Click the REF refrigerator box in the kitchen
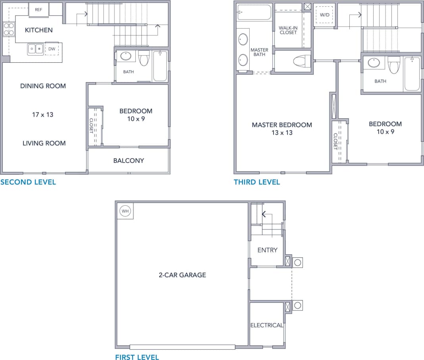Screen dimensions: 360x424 tap(39, 10)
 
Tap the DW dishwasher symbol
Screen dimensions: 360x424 tap(52, 49)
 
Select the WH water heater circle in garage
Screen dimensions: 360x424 tap(125, 211)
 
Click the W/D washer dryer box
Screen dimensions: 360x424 tap(324, 15)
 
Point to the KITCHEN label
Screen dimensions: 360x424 tap(39, 30)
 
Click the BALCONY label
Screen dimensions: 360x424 tap(128, 161)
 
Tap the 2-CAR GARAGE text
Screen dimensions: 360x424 tap(182, 275)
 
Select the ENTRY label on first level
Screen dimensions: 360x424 tap(267, 250)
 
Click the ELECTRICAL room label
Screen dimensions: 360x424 tap(266, 325)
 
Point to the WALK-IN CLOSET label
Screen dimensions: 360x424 tap(288, 30)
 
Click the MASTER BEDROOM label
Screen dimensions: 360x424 tap(282, 125)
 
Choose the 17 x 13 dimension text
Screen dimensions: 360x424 tap(42, 115)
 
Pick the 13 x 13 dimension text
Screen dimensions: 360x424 tap(282, 133)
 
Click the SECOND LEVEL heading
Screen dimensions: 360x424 tap(28, 182)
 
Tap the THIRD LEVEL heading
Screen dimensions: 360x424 tap(257, 182)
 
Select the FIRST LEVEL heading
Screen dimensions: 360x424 tap(137, 357)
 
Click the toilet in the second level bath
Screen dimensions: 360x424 tap(144, 59)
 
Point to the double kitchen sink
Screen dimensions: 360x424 tap(35, 49)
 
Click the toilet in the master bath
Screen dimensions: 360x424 tap(301, 61)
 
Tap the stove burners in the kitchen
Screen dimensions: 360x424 tap(9, 29)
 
